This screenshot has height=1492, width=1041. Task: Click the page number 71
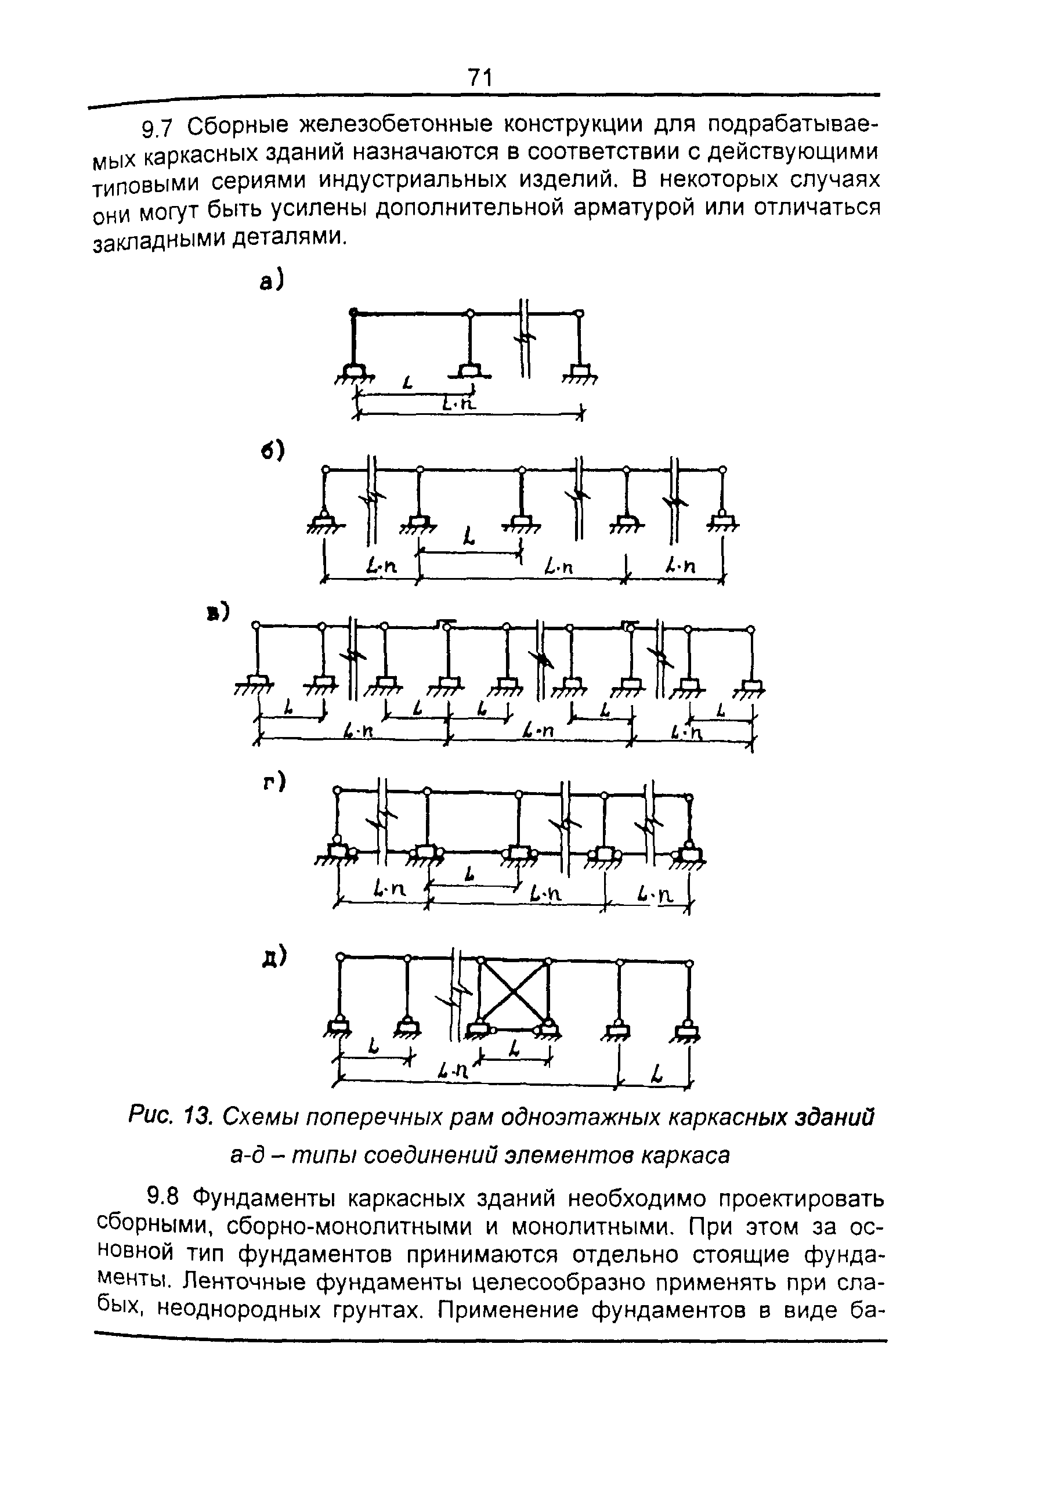point(479,78)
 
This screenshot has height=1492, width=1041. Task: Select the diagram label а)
point(272,281)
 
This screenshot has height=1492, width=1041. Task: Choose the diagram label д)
point(273,957)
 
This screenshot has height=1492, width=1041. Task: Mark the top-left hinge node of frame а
point(353,313)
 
